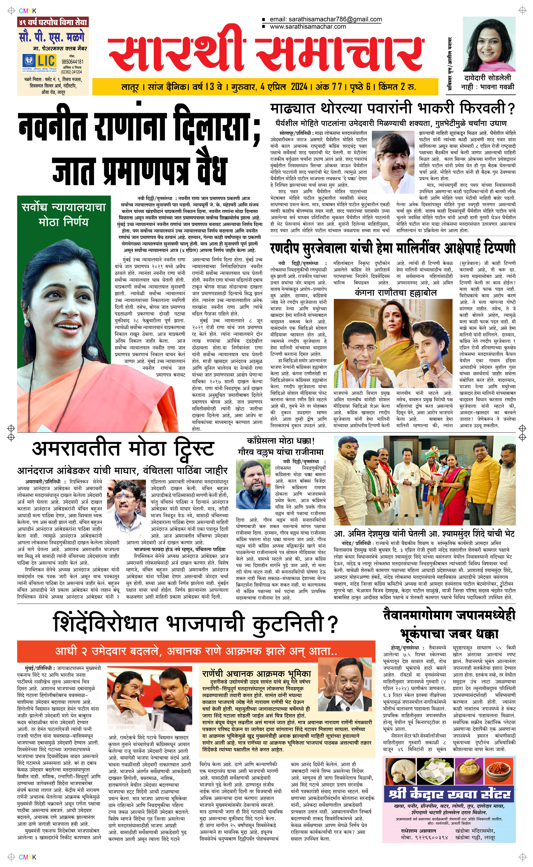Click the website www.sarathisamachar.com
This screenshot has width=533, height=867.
(308, 26)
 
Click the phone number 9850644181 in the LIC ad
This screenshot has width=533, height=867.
(72, 62)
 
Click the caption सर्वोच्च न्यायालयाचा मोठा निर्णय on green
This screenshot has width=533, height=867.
(64, 214)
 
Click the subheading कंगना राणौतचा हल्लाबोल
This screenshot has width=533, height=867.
(395, 293)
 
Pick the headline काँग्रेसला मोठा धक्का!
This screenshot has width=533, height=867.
(281, 441)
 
